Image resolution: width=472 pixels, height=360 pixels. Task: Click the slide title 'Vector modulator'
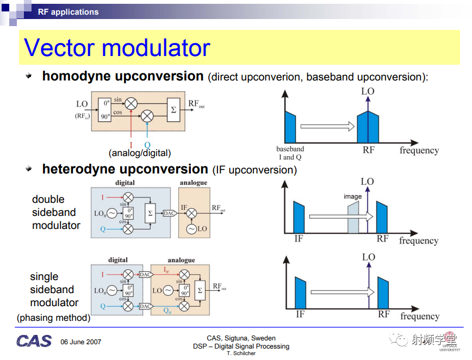tap(117, 47)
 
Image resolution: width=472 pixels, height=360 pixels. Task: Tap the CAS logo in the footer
tap(34, 341)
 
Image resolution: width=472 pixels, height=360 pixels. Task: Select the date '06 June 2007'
tap(80, 342)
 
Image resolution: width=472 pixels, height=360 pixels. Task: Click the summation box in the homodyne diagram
tap(173, 110)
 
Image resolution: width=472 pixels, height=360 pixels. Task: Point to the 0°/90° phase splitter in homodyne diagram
tap(105, 110)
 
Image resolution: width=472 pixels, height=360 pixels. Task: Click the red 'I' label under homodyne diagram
tap(131, 145)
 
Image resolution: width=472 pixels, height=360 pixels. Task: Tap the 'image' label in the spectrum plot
tap(352, 196)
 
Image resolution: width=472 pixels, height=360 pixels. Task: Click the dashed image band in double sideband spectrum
tap(353, 218)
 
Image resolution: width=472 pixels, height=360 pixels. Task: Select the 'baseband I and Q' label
tap(290, 153)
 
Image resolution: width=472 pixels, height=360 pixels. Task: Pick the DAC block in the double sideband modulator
tap(170, 213)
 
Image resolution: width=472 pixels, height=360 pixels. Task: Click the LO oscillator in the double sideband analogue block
tap(191, 229)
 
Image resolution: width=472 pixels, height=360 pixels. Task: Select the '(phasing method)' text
tap(54, 318)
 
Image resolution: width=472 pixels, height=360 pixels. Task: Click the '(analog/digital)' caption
tap(140, 153)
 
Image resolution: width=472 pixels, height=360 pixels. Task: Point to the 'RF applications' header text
tap(69, 12)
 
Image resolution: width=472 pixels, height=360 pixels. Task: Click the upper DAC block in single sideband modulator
tap(146, 275)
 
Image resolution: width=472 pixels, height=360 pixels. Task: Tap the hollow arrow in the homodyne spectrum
tap(327, 126)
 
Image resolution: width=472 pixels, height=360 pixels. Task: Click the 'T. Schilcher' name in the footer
tap(241, 353)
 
